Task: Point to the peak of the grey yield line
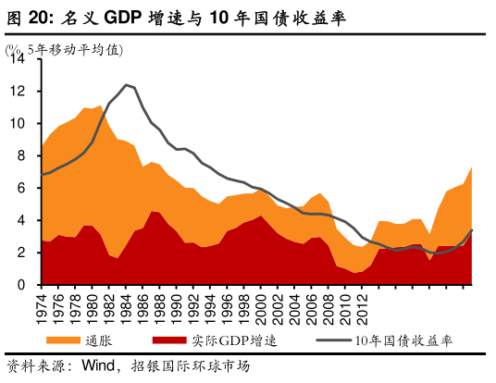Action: click(127, 85)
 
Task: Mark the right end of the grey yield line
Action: click(474, 230)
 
